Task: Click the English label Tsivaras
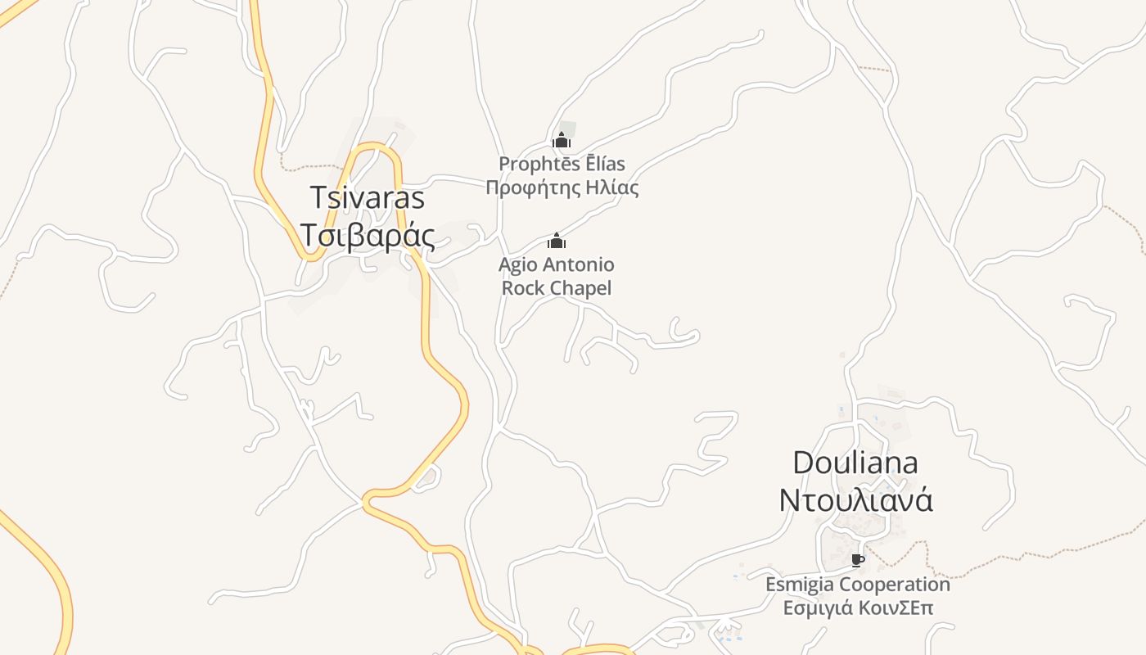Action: tap(368, 198)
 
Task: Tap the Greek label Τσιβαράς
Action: tap(368, 235)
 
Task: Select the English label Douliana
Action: tap(855, 463)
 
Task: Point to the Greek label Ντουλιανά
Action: tap(855, 500)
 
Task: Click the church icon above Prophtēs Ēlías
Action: tap(561, 140)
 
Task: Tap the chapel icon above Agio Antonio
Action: tap(557, 241)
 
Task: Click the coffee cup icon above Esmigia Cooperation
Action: tap(857, 561)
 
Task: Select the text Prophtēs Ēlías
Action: tap(562, 164)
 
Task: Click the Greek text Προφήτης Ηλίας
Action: tap(562, 187)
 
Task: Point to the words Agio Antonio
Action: tap(557, 264)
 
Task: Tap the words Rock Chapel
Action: tap(557, 288)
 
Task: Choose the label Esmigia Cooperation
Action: tap(857, 585)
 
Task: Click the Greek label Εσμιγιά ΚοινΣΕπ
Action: tap(857, 608)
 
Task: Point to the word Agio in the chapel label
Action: tap(519, 264)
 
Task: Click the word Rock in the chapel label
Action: tap(523, 288)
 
